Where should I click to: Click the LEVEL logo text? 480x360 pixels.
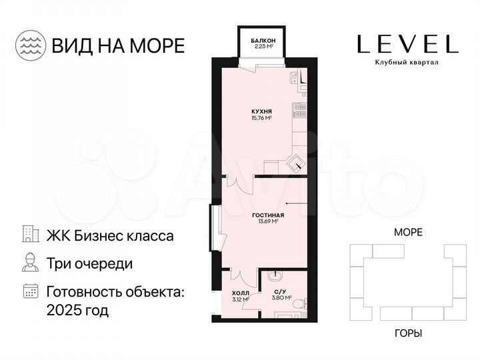point(407,44)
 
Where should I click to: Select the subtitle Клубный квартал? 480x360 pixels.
point(407,63)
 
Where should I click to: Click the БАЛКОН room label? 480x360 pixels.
point(263,41)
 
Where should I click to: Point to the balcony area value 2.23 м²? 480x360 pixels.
point(263,47)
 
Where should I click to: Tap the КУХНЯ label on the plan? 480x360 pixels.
point(261,111)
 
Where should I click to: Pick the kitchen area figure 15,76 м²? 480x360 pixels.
point(261,118)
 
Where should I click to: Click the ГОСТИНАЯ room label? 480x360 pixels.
point(269,215)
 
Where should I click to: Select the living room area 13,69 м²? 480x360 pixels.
point(269,222)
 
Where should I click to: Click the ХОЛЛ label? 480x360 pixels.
point(240,293)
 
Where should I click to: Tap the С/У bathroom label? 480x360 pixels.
point(280,293)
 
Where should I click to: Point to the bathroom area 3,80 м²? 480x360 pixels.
point(280,299)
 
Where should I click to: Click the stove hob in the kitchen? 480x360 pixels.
point(300,107)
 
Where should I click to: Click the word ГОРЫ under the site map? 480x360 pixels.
point(408,333)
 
